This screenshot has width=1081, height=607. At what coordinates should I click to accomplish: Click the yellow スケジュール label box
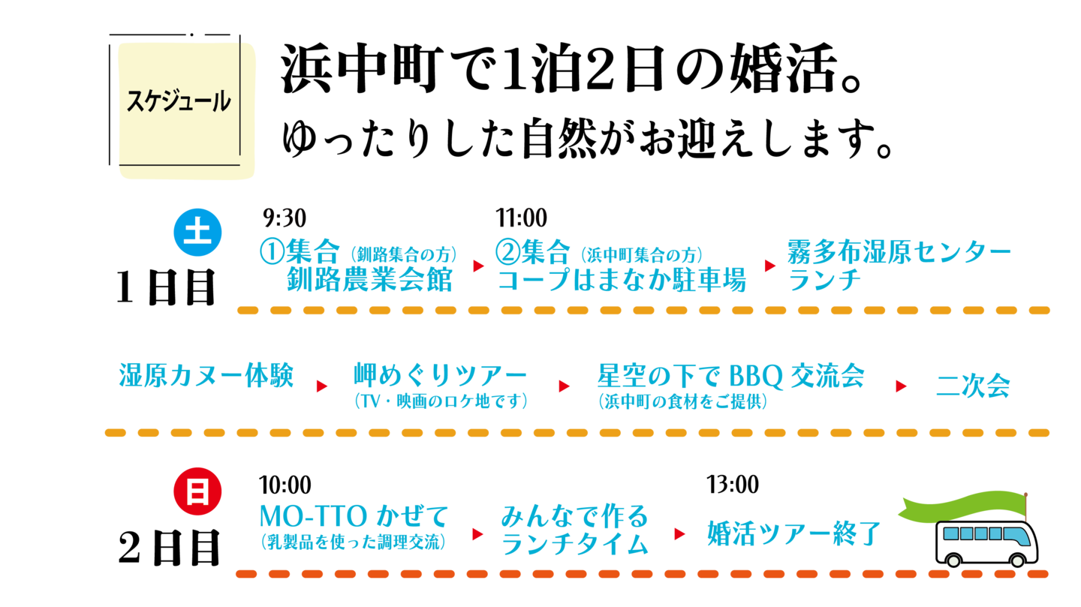[x=186, y=111]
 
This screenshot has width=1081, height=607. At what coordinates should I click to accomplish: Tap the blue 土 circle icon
[x=197, y=233]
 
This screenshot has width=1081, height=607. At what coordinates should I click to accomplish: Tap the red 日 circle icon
[x=197, y=491]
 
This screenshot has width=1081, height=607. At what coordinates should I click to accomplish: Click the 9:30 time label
[x=285, y=218]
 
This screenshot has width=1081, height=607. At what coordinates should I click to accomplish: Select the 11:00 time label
[x=521, y=218]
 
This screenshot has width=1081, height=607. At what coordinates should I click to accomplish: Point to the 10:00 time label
[x=285, y=485]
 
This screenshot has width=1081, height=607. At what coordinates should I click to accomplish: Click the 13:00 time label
[x=733, y=485]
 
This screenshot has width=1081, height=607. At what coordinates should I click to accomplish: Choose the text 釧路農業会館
[x=369, y=279]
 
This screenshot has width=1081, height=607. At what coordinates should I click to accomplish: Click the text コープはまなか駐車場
[x=622, y=280]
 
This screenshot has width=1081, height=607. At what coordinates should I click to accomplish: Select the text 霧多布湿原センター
[x=899, y=251]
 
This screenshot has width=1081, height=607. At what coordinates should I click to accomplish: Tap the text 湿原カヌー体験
[x=206, y=375]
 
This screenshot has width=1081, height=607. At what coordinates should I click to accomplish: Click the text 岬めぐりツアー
[x=440, y=375]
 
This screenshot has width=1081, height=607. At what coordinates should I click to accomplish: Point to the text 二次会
[x=973, y=386]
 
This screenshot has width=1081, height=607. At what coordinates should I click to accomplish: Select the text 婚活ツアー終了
[x=794, y=533]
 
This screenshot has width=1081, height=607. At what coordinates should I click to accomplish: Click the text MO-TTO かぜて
[x=354, y=516]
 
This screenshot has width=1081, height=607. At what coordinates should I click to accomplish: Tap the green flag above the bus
[x=962, y=506]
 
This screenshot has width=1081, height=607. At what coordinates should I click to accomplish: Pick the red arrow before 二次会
[x=901, y=386]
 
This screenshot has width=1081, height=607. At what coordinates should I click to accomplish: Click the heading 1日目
[x=165, y=287]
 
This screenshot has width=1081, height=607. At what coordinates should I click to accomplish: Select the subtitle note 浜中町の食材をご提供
[x=682, y=401]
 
